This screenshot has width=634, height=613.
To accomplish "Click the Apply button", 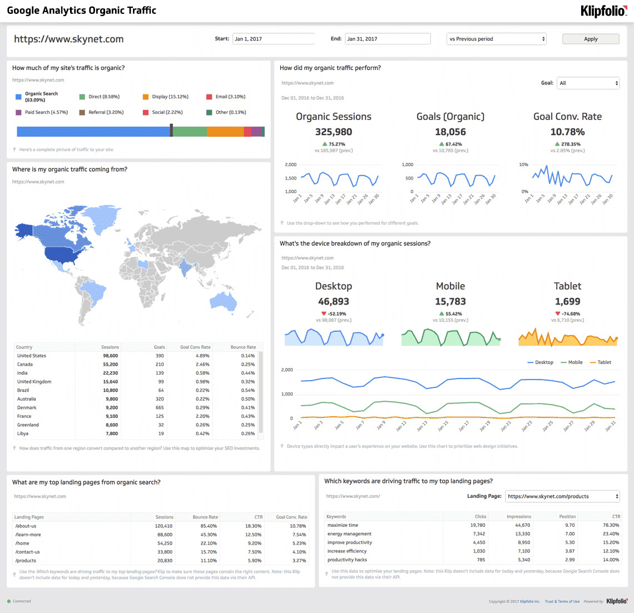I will pyautogui.click(x=591, y=39).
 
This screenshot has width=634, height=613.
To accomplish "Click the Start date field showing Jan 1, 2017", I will pyautogui.click(x=273, y=39).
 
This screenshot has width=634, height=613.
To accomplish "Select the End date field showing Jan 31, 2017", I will pyautogui.click(x=388, y=39).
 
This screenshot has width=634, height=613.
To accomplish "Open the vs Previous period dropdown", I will pyautogui.click(x=497, y=39).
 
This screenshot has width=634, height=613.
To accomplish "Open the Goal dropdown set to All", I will pyautogui.click(x=588, y=83).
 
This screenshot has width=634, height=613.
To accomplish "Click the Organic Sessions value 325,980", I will pyautogui.click(x=334, y=132).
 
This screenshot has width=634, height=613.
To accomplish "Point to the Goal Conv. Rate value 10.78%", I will pyautogui.click(x=567, y=132).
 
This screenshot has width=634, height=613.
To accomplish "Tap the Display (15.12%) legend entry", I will pyautogui.click(x=170, y=97).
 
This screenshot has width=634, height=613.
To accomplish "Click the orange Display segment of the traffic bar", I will pyautogui.click(x=225, y=132).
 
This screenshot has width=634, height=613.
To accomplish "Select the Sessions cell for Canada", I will pyautogui.click(x=110, y=365).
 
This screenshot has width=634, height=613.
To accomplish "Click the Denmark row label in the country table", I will pyautogui.click(x=27, y=407).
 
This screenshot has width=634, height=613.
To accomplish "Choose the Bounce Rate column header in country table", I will pyautogui.click(x=243, y=347).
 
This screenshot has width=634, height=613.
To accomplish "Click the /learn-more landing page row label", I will pyautogui.click(x=28, y=535).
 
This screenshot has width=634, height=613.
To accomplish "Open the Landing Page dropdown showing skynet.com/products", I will pyautogui.click(x=562, y=496).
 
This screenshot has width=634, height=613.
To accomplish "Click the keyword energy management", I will pyautogui.click(x=349, y=534).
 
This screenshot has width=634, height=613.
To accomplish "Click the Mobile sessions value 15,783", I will pyautogui.click(x=450, y=302).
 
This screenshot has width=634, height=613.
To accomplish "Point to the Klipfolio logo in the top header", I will pyautogui.click(x=603, y=11).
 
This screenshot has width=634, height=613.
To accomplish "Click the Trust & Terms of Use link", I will pyautogui.click(x=562, y=601).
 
